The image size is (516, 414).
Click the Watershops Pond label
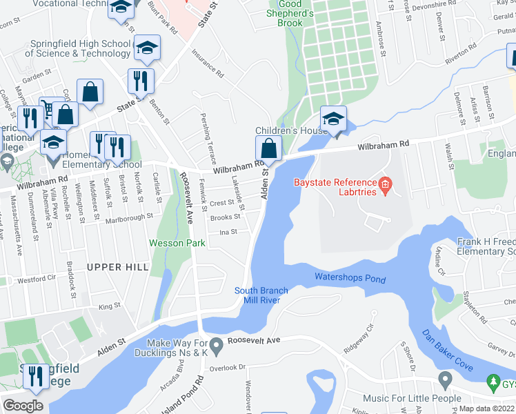click(350, 277)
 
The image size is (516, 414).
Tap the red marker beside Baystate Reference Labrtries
click(385, 184)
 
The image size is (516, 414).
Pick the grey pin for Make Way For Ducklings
click(217, 344)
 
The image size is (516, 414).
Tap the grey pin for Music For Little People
click(444, 379)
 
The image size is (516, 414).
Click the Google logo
click(23, 406)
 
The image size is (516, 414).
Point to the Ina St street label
click(228, 233)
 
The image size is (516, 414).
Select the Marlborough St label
click(129, 217)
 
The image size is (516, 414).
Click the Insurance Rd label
click(208, 63)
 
